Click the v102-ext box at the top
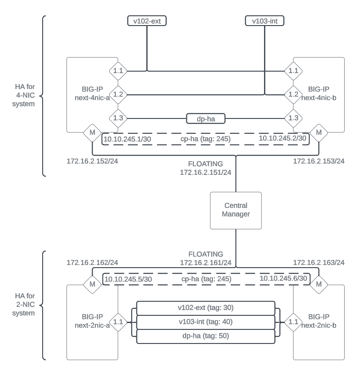click(147, 20)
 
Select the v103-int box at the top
click(265, 20)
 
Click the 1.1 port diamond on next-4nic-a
click(118, 71)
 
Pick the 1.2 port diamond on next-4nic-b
click(293, 94)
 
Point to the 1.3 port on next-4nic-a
click(118, 118)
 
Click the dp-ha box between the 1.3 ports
click(206, 118)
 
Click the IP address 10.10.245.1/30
click(122, 139)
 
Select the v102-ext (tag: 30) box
click(205, 308)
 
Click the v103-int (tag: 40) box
click(205, 322)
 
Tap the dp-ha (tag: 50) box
click(205, 336)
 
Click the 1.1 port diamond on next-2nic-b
click(293, 322)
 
